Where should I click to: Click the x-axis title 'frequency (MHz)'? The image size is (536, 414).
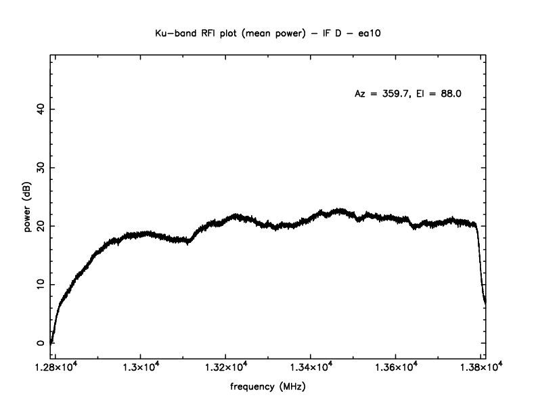268,388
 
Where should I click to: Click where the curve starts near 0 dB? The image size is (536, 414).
52,342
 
